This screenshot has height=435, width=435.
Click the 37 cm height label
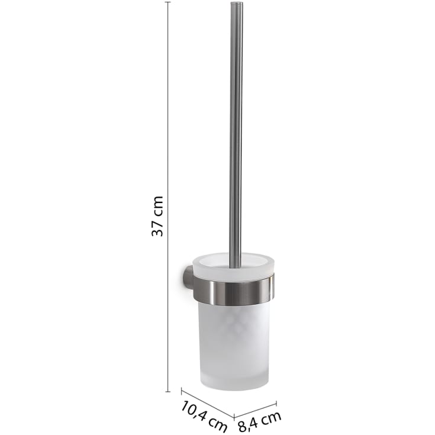pyautogui.click(x=157, y=216)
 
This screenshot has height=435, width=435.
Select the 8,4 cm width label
pyautogui.click(x=260, y=421)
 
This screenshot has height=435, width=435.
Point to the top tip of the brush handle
pyautogui.click(x=237, y=2)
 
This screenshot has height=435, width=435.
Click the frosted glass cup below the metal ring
pyautogui.click(x=235, y=346)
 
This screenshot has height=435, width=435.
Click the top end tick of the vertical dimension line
pyautogui.click(x=167, y=2)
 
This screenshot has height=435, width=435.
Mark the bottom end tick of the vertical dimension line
pyautogui.click(x=167, y=392)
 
